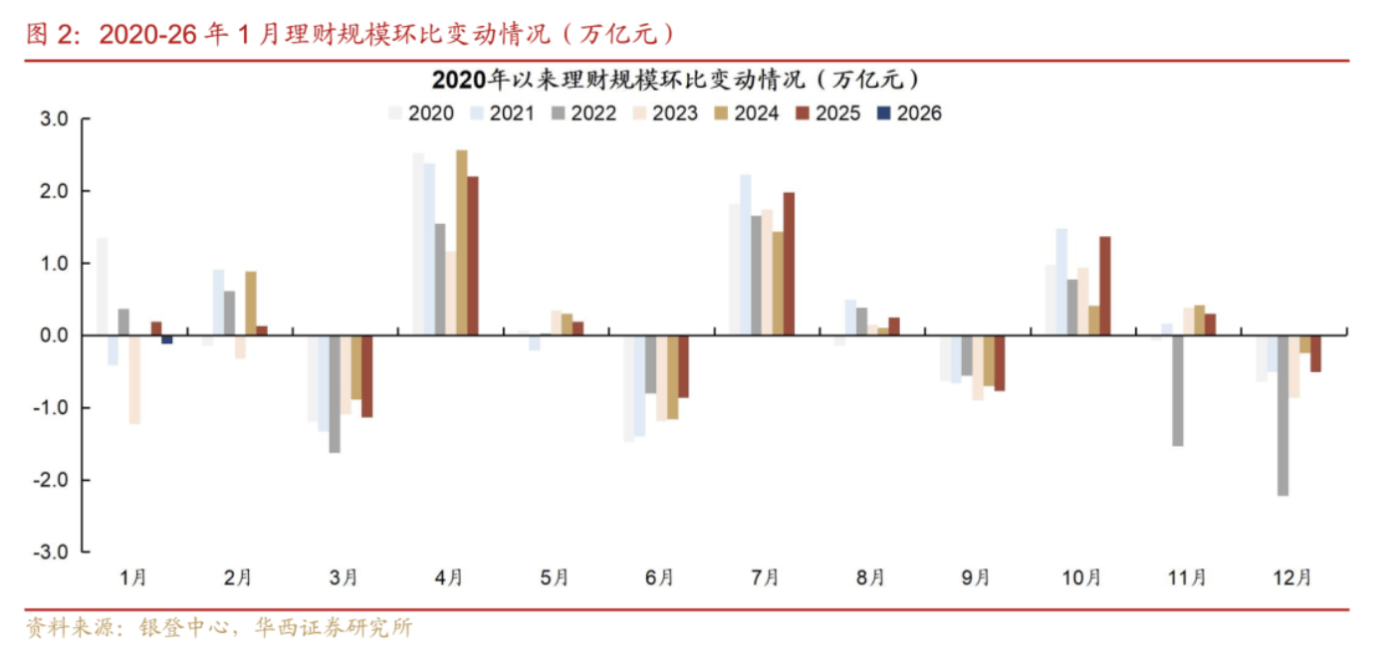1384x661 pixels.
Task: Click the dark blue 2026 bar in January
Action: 167,339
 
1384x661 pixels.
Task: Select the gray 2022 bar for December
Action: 1282,415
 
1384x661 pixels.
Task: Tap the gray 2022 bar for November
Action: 1177,390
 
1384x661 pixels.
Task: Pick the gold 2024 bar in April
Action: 461,243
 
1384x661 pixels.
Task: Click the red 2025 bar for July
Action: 789,264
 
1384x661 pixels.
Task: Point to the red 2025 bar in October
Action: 1104,286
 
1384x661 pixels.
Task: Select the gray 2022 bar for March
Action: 335,394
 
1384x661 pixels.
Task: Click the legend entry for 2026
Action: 908,113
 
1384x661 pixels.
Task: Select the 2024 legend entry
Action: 746,113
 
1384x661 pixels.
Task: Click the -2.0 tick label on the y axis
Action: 53,480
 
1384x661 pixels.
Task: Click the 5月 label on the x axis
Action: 555,576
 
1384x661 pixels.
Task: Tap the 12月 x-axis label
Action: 1292,576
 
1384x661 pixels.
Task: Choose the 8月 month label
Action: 870,576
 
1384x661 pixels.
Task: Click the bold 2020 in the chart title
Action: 456,79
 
